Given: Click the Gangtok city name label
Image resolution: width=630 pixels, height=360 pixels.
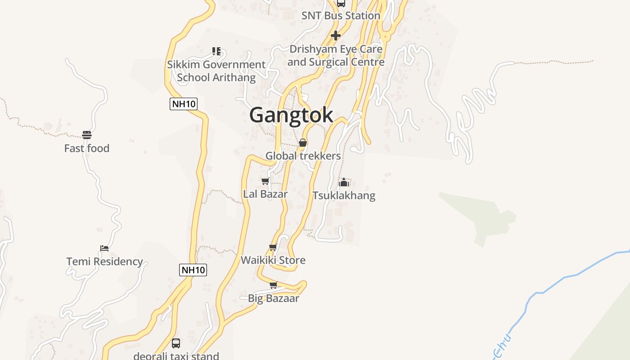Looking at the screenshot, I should coord(291,115).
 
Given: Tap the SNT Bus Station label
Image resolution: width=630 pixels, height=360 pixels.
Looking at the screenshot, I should coord(341,16).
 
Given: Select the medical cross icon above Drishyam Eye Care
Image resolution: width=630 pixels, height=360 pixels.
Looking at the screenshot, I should coord(335,36).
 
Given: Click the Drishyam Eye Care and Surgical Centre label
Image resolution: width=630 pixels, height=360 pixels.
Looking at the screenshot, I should coord(336,55).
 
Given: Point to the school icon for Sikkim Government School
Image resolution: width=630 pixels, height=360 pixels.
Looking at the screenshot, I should coord(216,51).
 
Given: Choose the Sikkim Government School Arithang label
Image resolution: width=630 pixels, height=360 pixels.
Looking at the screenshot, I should coord(216,71).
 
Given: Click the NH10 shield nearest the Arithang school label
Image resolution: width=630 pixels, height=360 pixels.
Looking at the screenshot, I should coord(184,104).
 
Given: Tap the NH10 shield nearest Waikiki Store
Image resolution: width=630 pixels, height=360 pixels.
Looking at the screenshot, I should coord(193,270).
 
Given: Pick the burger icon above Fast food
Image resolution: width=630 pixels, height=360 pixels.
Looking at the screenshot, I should coord(87,135).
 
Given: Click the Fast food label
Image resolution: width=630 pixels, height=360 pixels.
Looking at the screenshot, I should coord(87,148).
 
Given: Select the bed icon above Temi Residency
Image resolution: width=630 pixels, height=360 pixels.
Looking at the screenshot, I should coord(104,248).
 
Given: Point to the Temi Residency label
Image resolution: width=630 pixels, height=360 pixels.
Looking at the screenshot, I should coord(104,261).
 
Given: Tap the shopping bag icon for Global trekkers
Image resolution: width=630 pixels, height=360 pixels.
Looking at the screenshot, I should coord(303,143).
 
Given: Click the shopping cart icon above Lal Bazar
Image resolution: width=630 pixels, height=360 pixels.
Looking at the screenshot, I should coord(265,181).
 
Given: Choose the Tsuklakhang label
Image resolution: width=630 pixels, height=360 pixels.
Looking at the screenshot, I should coord(344,196).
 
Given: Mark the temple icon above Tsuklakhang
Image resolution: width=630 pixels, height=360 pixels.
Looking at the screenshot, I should coord(344,182).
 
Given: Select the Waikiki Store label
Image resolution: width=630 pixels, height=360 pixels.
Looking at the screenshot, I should coord(273,260).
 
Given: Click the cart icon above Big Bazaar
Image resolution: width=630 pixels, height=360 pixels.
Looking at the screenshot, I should coord(273,285).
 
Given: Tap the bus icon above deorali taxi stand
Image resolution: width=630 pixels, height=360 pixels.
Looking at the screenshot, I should coord(176,343).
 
